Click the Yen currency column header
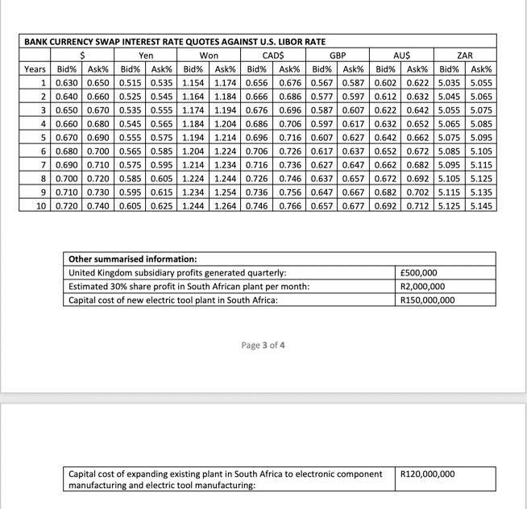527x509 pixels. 146,56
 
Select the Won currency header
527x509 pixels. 210,56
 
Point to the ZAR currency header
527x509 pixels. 465,56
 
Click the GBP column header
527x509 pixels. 338,56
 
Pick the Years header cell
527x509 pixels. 35,68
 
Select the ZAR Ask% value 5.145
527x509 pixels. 481,205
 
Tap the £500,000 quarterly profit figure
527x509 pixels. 419,273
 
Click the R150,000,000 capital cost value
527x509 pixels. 427,300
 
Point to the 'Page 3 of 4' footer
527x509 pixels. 263,346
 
